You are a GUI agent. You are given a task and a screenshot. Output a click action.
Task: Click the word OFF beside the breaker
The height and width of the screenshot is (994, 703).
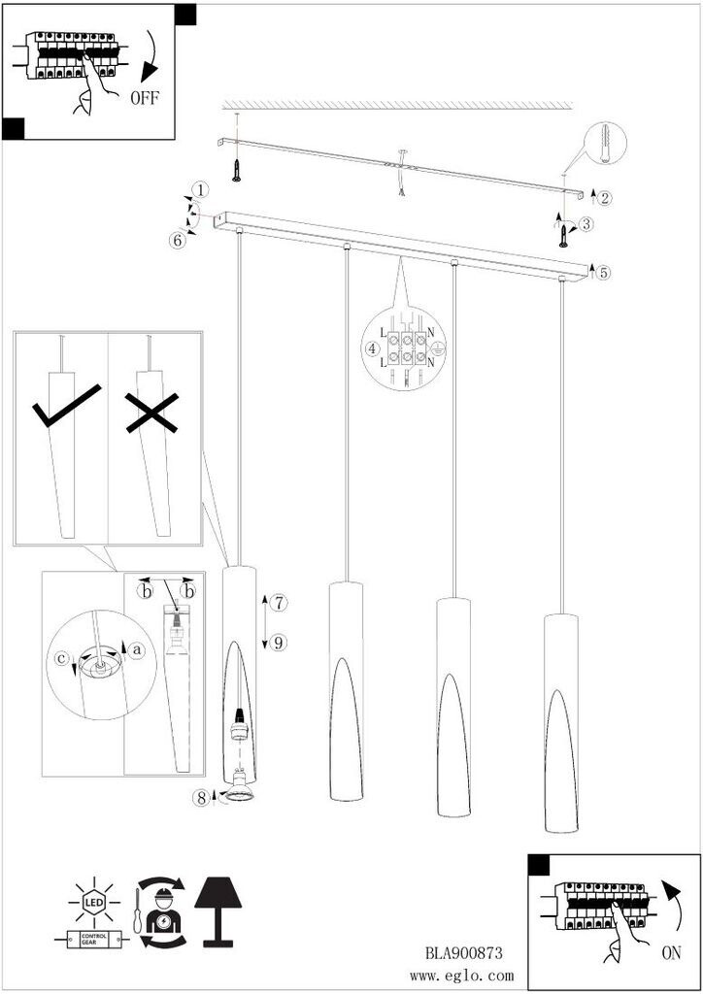145,98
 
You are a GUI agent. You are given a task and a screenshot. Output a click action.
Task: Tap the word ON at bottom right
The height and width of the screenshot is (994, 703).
671,952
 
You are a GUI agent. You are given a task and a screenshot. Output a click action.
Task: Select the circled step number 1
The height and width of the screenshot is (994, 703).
200,189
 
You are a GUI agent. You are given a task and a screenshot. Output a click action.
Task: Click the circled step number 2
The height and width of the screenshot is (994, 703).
604,198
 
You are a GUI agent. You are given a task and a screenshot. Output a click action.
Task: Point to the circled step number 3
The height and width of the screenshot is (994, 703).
586,224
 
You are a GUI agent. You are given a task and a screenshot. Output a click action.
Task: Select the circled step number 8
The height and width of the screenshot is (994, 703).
202,798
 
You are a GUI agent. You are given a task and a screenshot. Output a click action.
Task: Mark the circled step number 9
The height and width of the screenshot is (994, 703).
278,643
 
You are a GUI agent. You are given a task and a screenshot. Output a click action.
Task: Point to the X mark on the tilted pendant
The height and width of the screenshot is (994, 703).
151,413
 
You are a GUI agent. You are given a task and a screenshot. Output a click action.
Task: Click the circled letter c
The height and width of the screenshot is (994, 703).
61,659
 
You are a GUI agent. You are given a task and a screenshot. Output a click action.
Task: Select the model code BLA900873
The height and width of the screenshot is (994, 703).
464,953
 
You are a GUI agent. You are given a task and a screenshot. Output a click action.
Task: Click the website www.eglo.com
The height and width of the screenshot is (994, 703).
461,977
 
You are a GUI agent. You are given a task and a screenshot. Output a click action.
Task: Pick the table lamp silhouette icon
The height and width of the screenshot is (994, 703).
219,911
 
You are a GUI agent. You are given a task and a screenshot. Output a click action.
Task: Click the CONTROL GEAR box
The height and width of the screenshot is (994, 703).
94,940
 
